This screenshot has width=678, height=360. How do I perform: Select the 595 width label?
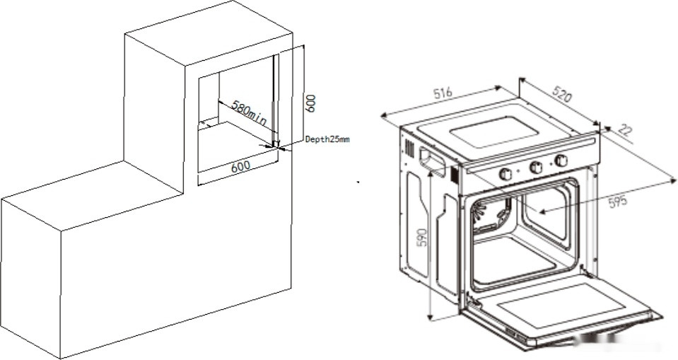(x=617, y=201)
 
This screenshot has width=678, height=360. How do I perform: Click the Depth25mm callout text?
(x=327, y=140)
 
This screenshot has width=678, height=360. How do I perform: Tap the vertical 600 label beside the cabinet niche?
(x=310, y=103)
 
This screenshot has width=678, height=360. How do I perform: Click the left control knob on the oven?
(x=506, y=174)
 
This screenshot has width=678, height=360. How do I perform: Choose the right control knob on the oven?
(x=561, y=161)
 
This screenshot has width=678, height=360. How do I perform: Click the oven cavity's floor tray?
(x=516, y=262)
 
